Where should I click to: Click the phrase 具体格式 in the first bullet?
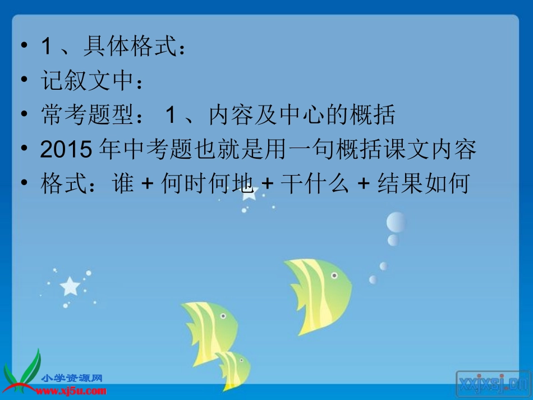click(129, 46)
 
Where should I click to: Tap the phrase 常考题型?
click(86, 115)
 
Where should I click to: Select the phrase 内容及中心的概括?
click(302, 115)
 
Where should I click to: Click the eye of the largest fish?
click(334, 275)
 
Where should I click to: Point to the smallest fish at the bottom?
click(235, 367)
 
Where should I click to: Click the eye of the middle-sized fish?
click(223, 316)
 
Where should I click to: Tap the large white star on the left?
click(70, 286)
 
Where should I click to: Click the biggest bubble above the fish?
click(396, 222)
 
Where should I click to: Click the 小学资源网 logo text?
click(72, 379)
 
